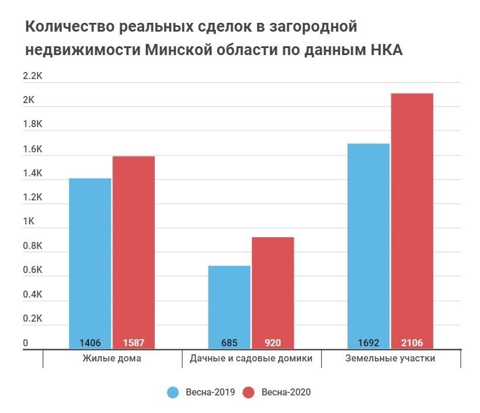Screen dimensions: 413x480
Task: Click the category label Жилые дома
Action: (x=112, y=359)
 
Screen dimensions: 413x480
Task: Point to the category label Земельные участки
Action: (x=390, y=359)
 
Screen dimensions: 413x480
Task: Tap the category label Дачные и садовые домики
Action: (x=251, y=359)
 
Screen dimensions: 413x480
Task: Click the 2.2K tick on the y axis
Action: (x=33, y=76)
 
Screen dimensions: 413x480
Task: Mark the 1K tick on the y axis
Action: (x=29, y=222)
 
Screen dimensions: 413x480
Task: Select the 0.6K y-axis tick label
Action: (x=33, y=271)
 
